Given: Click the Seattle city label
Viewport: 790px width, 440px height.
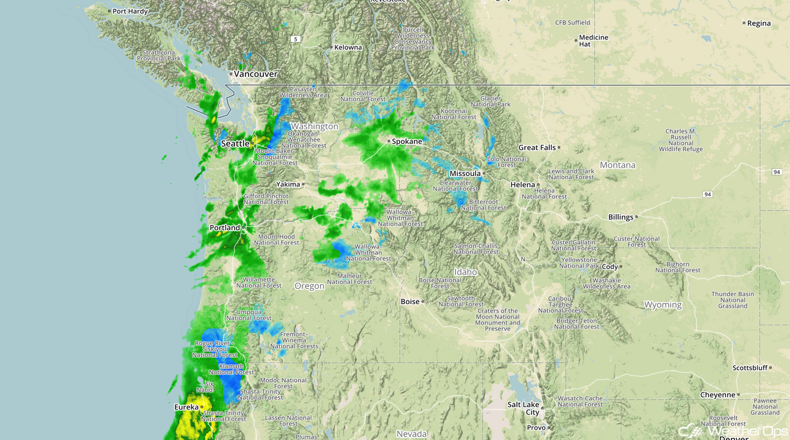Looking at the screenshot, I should [x=235, y=144].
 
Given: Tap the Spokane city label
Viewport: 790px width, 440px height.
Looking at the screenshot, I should [x=407, y=141].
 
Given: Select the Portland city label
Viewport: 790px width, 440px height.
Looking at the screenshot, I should [x=225, y=228].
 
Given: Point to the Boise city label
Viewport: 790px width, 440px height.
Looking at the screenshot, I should [x=410, y=302].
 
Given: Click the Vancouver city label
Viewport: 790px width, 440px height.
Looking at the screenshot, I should [x=256, y=74].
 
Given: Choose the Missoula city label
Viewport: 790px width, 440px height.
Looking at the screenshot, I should [x=465, y=174].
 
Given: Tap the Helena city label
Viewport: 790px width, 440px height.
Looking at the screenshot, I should [x=522, y=185].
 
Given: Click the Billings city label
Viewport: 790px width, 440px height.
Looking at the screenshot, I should [x=621, y=217].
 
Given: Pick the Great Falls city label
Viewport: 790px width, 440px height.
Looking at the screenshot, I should [x=536, y=147].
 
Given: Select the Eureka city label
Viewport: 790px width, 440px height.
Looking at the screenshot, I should [x=187, y=407].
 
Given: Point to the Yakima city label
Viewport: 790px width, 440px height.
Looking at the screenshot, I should [x=288, y=184].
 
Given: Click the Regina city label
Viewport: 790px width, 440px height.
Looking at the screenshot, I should [x=759, y=24].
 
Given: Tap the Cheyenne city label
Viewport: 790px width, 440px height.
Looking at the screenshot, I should [x=717, y=395].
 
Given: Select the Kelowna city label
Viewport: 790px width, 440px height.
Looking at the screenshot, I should [x=347, y=48].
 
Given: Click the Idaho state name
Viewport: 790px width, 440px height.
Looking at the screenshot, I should [x=465, y=272].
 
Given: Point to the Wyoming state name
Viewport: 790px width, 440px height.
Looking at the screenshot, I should [x=663, y=305].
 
